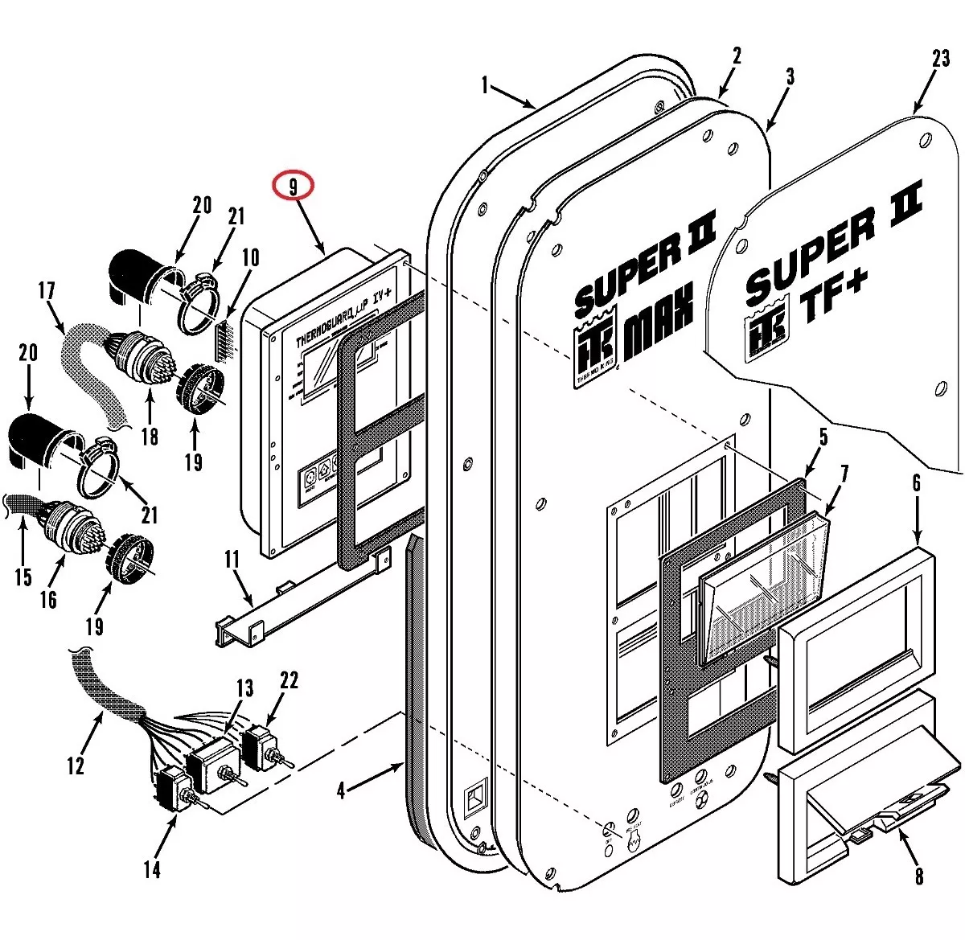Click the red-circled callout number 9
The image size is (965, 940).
[293, 186]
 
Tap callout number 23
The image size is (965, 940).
[941, 60]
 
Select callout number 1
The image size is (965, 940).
[485, 84]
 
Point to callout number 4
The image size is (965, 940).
[341, 791]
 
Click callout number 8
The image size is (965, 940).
[918, 875]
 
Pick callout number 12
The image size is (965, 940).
[76, 765]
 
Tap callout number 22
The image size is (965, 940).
[289, 680]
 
